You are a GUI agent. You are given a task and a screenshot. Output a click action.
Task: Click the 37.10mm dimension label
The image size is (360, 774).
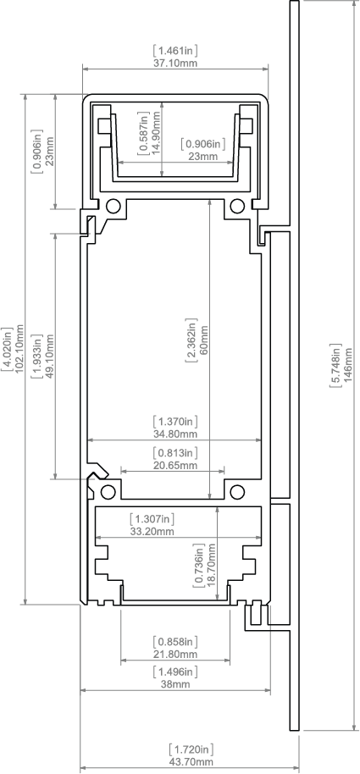click(x=175, y=64)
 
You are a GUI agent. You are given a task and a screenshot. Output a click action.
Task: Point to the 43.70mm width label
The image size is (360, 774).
click(x=191, y=762)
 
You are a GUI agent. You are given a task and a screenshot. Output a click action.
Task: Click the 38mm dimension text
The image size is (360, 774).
click(x=175, y=684)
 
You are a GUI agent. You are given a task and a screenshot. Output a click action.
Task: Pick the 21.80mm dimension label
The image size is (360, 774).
click(x=175, y=654)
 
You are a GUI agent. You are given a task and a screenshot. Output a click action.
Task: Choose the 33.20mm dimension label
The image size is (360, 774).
click(x=152, y=531)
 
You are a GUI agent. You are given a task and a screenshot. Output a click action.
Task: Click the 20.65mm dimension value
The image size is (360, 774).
click(x=175, y=465)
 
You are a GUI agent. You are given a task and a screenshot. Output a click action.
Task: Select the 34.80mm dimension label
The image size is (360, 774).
click(x=175, y=434)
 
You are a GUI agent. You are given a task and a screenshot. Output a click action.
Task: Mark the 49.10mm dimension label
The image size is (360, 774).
click(x=49, y=356)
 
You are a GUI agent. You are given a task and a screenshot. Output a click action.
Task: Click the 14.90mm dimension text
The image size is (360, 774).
click(x=156, y=133)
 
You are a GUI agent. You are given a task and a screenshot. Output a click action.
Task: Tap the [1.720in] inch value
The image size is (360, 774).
click(x=191, y=749)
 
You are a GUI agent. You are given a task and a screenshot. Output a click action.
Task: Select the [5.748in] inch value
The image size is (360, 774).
click(x=335, y=365)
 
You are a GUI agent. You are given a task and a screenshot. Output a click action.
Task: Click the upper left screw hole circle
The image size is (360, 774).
click(x=114, y=205)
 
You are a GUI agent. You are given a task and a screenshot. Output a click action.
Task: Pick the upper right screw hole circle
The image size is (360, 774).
click(x=237, y=205)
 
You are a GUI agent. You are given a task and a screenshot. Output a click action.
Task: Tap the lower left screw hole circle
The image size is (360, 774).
click(x=108, y=492)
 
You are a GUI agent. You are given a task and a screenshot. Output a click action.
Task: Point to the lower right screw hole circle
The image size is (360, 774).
click(x=237, y=492)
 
